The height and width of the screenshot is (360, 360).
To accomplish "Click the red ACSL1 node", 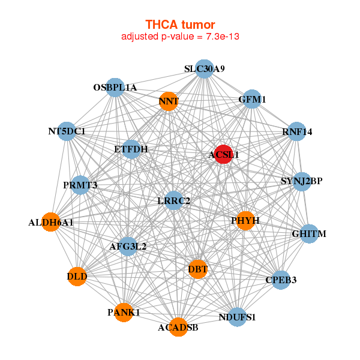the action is pyautogui.click(x=224, y=154).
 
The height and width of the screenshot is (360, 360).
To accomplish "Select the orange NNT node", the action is pyautogui.click(x=169, y=101).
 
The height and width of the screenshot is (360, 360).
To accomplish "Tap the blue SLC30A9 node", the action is pyautogui.click(x=205, y=69).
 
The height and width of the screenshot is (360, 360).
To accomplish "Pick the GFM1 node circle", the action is pyautogui.click(x=253, y=99).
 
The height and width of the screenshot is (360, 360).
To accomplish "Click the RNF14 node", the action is pyautogui.click(x=297, y=132).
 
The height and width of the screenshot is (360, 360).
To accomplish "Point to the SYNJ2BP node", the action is pyautogui.click(x=302, y=181).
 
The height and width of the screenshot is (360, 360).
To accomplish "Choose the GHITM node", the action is pyautogui.click(x=308, y=233).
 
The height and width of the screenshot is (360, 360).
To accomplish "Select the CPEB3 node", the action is pyautogui.click(x=281, y=280).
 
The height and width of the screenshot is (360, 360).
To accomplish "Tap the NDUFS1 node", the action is pyautogui.click(x=237, y=317).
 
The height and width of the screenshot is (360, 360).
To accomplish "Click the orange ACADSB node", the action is pyautogui.click(x=178, y=327).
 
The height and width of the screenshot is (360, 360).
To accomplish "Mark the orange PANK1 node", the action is pyautogui.click(x=124, y=313).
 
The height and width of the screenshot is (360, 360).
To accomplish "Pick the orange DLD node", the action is pyautogui.click(x=77, y=277).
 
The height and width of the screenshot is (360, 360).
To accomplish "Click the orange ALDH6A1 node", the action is pyautogui.click(x=51, y=223).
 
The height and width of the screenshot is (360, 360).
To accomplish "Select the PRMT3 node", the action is pyautogui.click(x=80, y=185).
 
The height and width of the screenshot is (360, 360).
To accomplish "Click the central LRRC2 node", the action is pyautogui.click(x=173, y=200).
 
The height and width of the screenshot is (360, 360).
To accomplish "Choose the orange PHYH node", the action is pyautogui.click(x=245, y=221).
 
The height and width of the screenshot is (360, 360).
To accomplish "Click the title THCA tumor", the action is pyautogui.click(x=180, y=25).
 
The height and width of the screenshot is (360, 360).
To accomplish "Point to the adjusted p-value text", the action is pyautogui.click(x=181, y=37).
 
